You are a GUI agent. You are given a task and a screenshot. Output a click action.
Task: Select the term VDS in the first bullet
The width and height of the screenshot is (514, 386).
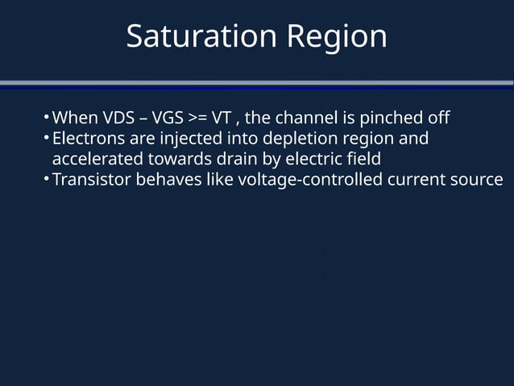coord(119,118)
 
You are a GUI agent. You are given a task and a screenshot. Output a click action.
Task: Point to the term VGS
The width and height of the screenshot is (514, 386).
coord(166,118)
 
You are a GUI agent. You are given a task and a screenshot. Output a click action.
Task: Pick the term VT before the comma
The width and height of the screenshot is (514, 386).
coord(222,118)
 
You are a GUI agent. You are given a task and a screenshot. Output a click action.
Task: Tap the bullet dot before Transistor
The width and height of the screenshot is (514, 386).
coord(47,179)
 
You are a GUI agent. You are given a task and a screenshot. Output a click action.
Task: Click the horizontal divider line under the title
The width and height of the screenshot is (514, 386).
coord(257,83)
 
